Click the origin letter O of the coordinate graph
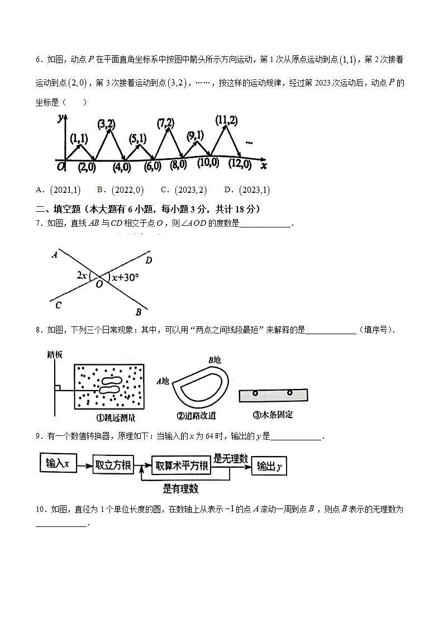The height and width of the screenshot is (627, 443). click(60, 166)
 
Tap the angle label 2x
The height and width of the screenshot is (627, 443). click(82, 275)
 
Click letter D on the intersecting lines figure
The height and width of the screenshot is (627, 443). click(149, 260)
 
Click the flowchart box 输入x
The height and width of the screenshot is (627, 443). click(58, 464)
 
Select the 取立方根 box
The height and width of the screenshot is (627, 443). click(113, 465)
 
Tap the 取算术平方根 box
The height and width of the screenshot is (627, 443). click(182, 465)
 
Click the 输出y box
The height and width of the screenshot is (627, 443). click(269, 466)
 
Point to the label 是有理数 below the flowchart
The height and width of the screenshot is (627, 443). click(180, 488)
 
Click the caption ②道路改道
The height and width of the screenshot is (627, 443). click(196, 415)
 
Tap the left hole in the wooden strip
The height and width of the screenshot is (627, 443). click(255, 393)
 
